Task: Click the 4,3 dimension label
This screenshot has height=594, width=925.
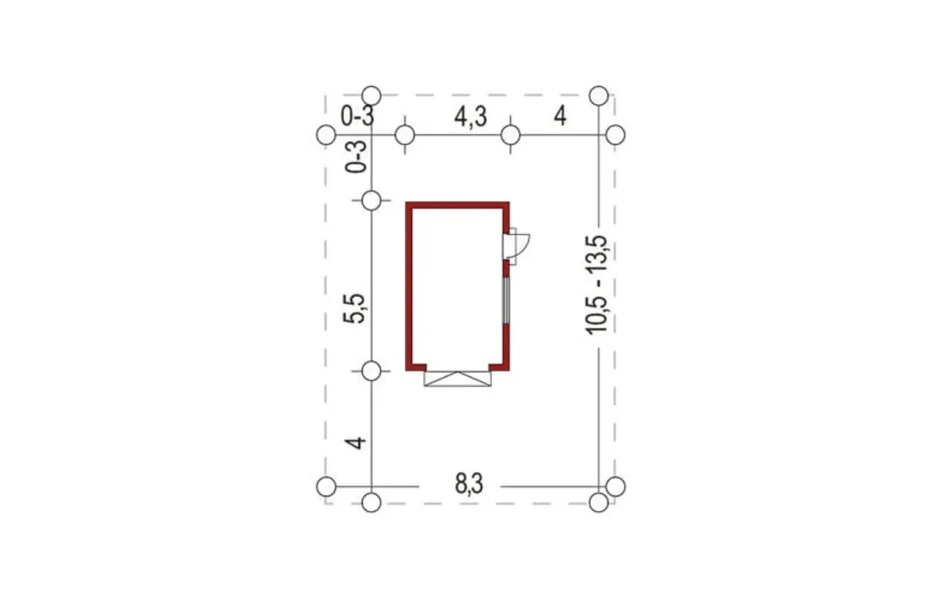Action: pos(470,116)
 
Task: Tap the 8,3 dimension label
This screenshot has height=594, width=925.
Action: pos(469,483)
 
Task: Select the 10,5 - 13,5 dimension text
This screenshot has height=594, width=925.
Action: pos(597,285)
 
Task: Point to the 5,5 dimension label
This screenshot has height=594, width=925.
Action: pos(354,309)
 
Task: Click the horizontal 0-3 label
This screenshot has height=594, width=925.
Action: pos(357,116)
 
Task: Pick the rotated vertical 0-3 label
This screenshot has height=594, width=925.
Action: pos(356,157)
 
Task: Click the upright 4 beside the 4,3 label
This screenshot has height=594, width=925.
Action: pos(560,116)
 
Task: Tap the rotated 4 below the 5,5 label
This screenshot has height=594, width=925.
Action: pos(355,443)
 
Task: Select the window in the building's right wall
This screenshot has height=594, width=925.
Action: pos(506,301)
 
